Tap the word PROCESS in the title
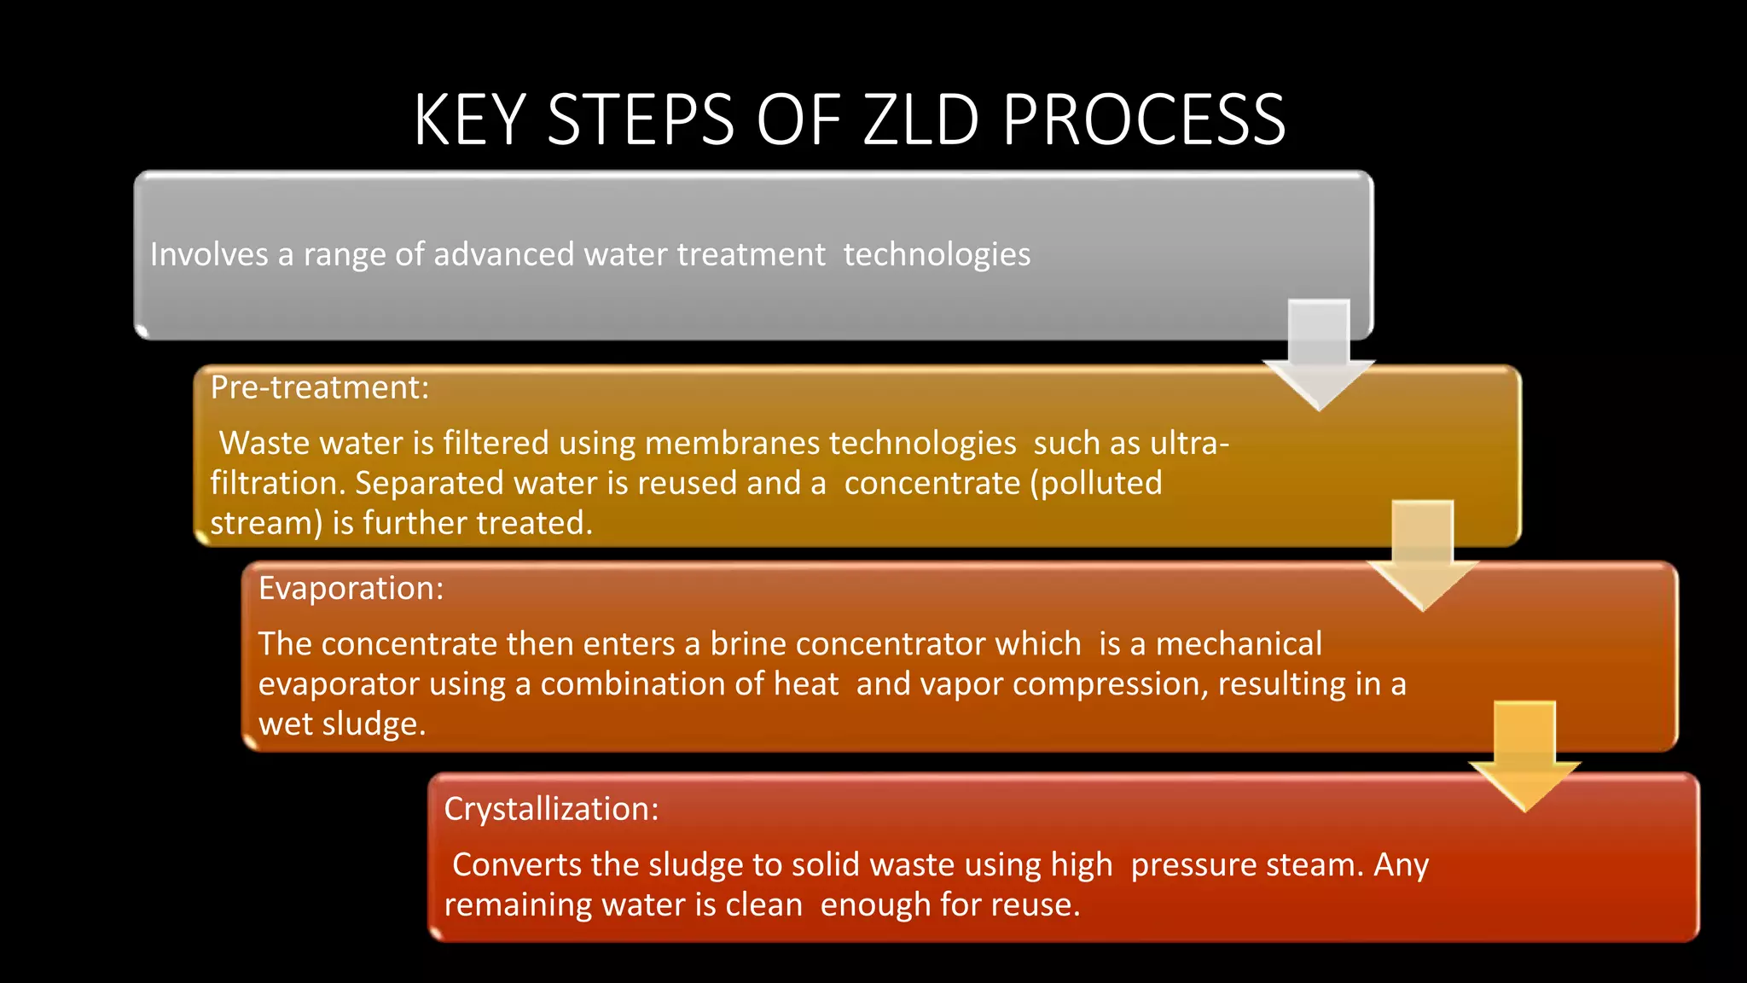[1144, 120]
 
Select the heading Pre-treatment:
[320, 388]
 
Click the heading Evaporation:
[351, 589]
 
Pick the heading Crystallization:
[551, 809]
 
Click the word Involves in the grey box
[209, 255]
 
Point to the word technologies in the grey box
[937, 255]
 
